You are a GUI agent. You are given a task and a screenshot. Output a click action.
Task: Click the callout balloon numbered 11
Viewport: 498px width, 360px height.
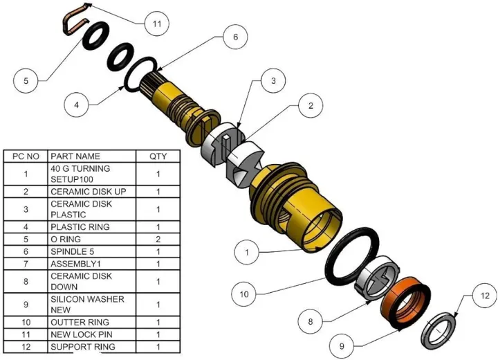pyautogui.click(x=157, y=23)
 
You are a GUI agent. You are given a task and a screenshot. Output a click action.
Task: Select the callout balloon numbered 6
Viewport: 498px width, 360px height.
pyautogui.click(x=235, y=37)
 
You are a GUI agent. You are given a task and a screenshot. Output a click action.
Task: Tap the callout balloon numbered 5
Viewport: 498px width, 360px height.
pyautogui.click(x=26, y=81)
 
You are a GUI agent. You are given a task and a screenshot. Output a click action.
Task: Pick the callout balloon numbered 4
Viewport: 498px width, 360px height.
pyautogui.click(x=77, y=105)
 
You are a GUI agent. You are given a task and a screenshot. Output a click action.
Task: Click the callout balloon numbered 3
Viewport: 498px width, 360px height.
pyautogui.click(x=273, y=81)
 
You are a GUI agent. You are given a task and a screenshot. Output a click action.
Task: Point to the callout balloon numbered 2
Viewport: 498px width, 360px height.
pyautogui.click(x=311, y=106)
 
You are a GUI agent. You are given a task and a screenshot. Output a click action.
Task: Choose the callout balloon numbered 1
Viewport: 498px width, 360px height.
pyautogui.click(x=246, y=253)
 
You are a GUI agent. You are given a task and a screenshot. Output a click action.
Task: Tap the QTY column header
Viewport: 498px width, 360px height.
pyautogui.click(x=158, y=156)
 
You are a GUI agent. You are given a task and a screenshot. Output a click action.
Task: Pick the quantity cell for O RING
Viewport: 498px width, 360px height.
pyautogui.click(x=158, y=239)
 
